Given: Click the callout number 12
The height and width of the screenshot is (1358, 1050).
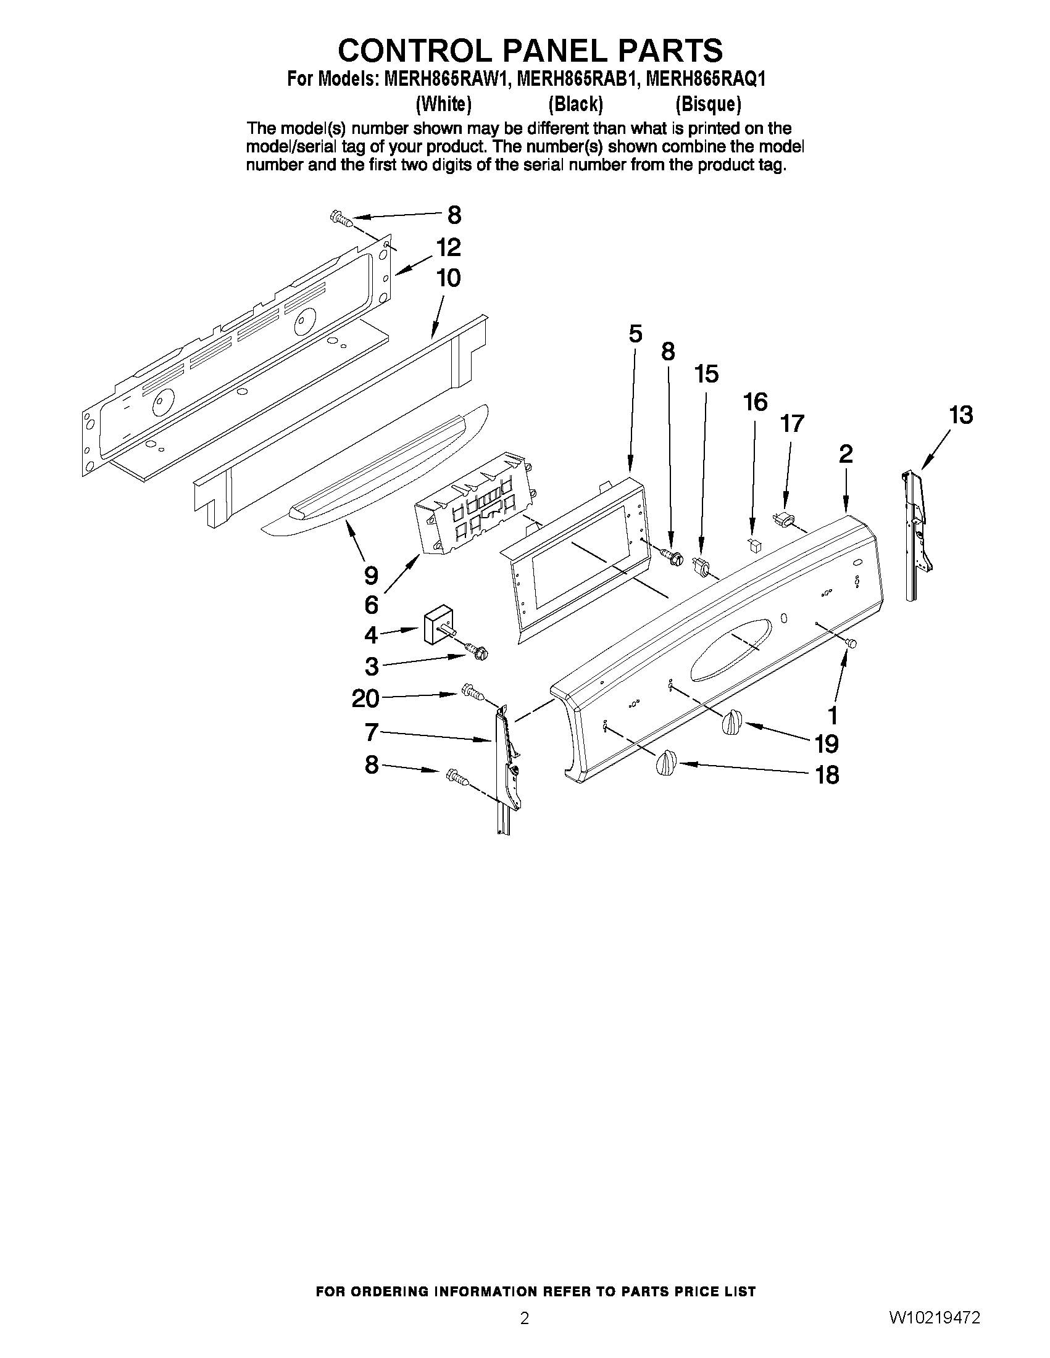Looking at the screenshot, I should [448, 247].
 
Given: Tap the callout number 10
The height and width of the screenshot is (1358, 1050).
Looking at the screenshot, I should [448, 278].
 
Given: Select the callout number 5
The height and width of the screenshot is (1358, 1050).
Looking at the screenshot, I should [635, 334].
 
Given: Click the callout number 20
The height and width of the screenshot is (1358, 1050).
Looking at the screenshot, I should [365, 699].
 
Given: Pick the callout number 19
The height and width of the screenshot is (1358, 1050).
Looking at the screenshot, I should [827, 743].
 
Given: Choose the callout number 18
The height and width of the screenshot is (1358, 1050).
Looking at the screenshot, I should [827, 775].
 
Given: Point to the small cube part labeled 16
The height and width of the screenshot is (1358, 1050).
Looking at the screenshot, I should [754, 546].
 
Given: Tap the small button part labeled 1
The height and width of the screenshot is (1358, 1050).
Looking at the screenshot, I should [852, 644].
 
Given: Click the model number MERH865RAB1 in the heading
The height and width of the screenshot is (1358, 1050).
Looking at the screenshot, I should [576, 80].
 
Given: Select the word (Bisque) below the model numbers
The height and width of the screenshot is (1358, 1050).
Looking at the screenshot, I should [708, 104].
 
